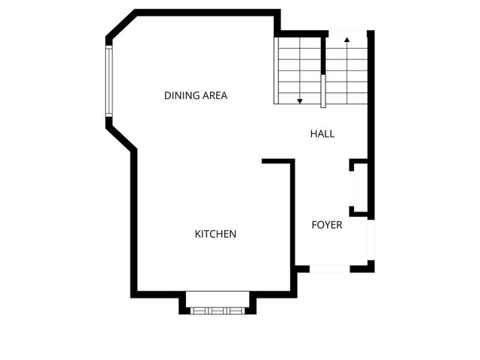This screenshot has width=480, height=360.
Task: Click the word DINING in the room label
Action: coord(179,96)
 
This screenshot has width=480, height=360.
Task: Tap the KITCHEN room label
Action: coord(215,234)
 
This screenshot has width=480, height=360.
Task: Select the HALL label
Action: coord(322,134)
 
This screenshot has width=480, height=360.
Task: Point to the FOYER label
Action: coord(327,225)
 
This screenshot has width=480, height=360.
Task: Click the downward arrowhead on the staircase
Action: coord(300,100)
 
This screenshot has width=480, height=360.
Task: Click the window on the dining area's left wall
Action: coord(109,81)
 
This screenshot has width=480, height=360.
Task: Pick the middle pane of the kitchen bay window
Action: coord(217,310)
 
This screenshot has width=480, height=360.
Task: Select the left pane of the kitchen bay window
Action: coord(199,310)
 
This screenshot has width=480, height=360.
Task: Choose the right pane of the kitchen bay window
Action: coord(235,310)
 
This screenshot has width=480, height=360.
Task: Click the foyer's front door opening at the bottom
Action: coord(330,268)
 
